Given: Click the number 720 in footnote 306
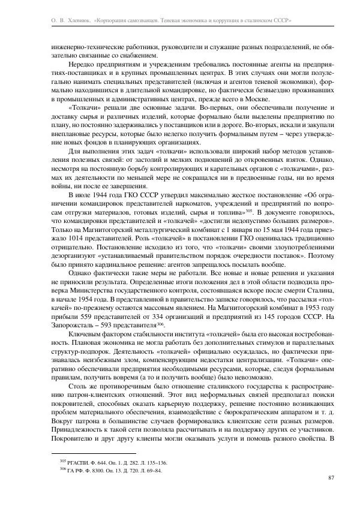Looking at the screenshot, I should click(127, 471).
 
